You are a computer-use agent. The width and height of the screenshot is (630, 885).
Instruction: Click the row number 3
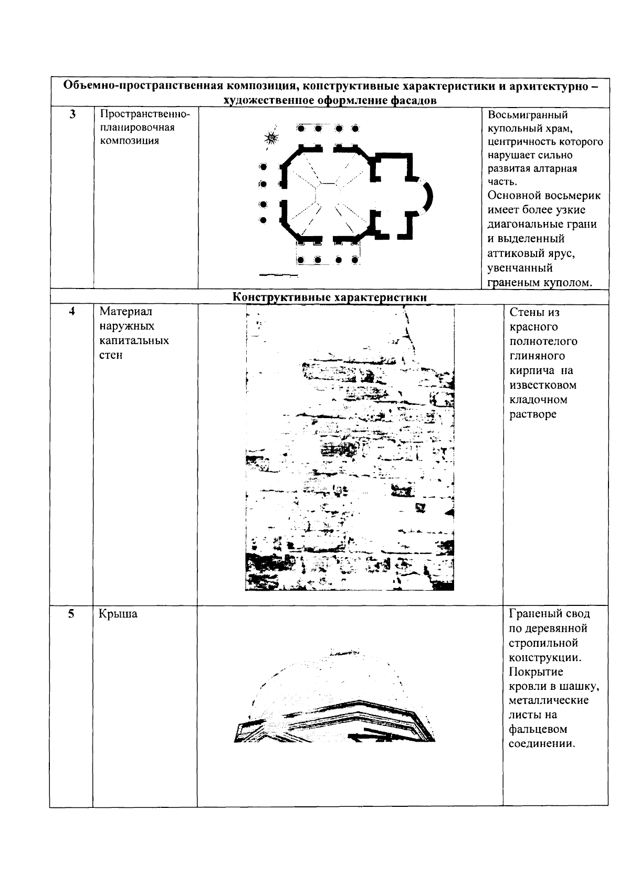[72, 115]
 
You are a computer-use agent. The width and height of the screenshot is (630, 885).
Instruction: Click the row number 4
[72, 311]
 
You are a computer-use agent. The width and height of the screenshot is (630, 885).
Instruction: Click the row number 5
[72, 613]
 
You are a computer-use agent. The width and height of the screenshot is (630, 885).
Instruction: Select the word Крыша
[118, 614]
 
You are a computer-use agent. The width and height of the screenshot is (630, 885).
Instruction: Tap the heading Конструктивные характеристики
[330, 297]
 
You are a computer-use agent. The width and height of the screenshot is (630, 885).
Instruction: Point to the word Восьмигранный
[528, 115]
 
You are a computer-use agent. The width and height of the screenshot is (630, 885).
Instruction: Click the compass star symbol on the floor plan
[271, 137]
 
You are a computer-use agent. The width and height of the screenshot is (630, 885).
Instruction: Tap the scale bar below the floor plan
[278, 275]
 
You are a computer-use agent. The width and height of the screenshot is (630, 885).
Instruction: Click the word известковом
[543, 385]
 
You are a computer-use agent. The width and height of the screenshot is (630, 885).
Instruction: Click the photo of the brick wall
[350, 449]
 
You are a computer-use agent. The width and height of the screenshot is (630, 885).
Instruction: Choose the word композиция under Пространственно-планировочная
[129, 141]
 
